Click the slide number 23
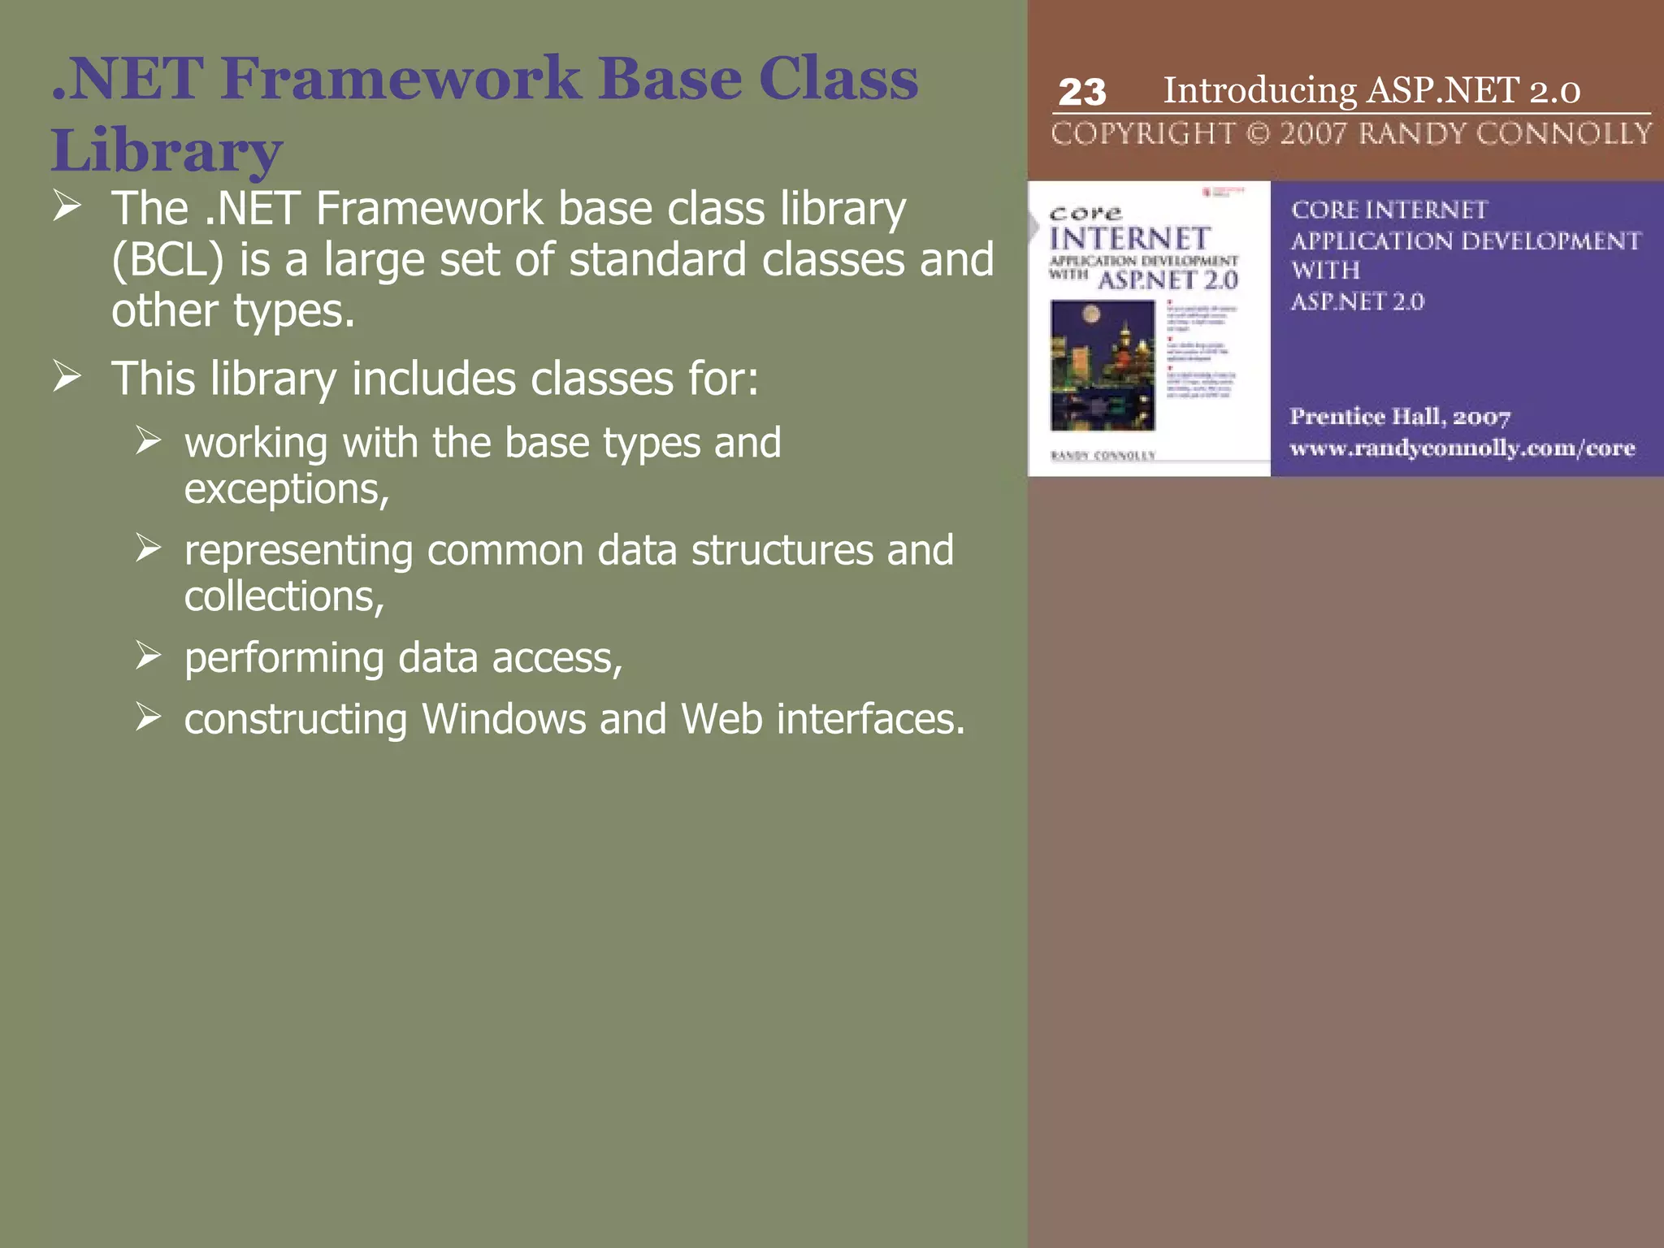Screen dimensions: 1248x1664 point(1081,92)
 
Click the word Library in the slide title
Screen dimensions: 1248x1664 point(167,150)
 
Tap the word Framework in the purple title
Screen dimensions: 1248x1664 point(400,79)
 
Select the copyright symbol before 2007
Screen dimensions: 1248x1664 point(1257,133)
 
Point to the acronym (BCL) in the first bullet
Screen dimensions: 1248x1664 point(167,261)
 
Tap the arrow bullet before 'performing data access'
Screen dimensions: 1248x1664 point(148,655)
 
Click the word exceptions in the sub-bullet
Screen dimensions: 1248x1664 point(286,489)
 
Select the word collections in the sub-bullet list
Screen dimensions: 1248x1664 point(284,596)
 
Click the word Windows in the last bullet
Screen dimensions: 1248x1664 point(504,719)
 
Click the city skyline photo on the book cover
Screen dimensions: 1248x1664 point(1102,366)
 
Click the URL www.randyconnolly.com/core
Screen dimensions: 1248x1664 point(1462,448)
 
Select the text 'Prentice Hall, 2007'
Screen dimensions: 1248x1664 point(1400,417)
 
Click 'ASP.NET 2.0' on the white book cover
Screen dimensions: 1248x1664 point(1168,280)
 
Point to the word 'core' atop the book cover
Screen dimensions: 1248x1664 point(1085,214)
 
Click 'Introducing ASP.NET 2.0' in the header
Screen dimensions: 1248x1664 point(1371,90)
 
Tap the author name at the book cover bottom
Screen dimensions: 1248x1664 point(1103,456)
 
